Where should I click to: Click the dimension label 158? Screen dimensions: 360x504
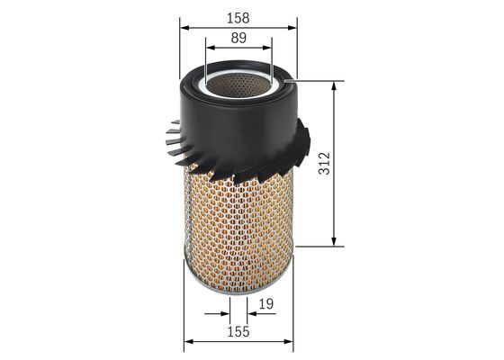238,17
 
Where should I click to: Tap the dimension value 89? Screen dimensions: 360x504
238,38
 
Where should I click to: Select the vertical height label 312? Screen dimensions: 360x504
325,163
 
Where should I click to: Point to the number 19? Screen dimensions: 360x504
266,304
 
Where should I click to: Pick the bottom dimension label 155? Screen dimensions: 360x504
238,332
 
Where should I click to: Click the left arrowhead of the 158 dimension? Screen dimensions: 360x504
184,27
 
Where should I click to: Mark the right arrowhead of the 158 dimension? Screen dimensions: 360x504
292,27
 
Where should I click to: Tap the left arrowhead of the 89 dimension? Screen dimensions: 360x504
210,48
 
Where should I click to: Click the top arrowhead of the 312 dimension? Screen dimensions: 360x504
335,86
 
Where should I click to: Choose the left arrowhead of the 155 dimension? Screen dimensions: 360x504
188,342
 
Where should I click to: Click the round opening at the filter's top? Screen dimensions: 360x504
238,83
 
